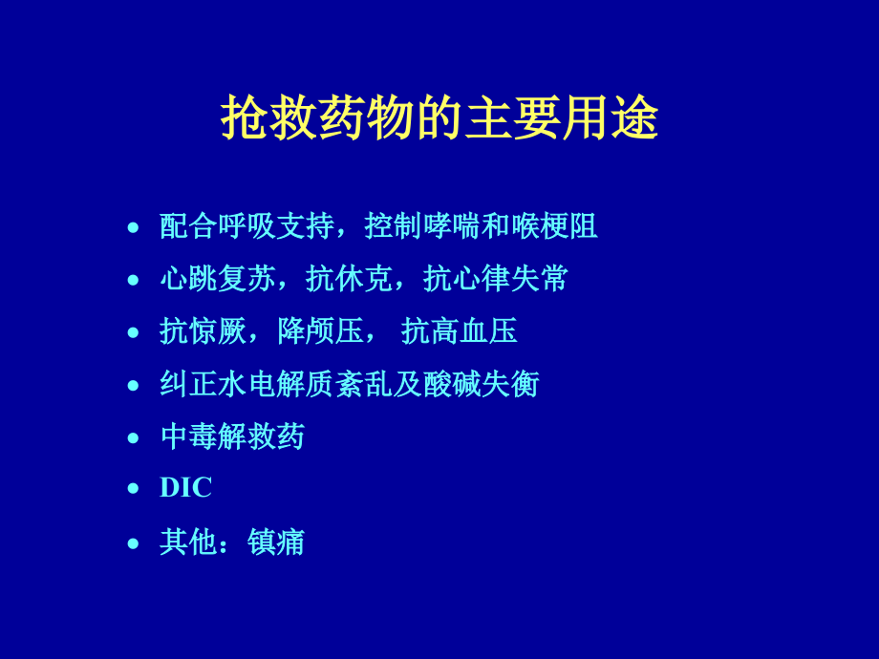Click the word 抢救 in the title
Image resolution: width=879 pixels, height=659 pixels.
tap(269, 119)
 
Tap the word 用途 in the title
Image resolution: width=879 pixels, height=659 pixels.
tap(611, 119)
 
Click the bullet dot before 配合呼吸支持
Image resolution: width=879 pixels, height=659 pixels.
tap(134, 227)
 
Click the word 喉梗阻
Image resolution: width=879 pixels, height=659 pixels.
tap(554, 226)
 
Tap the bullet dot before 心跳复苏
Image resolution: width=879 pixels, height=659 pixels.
tap(134, 280)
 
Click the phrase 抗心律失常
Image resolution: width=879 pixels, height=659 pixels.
tap(496, 279)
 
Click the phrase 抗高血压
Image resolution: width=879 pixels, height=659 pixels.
tap(460, 331)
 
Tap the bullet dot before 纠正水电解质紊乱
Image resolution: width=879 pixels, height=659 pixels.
tap(134, 385)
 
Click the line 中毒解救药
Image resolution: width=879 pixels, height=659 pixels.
tap(232, 436)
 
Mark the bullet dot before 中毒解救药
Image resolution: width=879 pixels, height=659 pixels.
tap(134, 437)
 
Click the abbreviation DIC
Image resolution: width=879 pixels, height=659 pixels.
tap(185, 488)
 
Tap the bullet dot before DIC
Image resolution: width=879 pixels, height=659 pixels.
tap(134, 489)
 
